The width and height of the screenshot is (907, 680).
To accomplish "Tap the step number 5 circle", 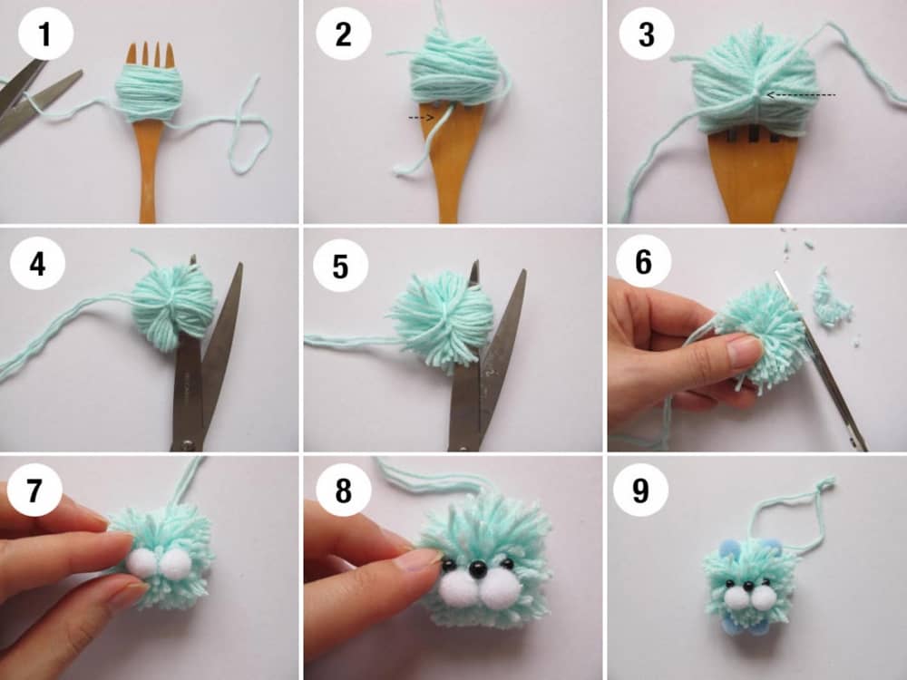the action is [341, 267].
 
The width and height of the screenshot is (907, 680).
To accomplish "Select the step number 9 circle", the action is [641, 490].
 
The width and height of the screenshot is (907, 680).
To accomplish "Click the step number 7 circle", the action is [34, 490].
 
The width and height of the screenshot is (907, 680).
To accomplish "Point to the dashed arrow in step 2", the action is [421, 118].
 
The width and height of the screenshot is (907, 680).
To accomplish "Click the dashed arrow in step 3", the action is [801, 95].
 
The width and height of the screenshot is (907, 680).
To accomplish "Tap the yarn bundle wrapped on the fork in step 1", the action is [150, 92].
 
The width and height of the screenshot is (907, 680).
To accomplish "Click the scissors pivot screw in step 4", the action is [187, 444].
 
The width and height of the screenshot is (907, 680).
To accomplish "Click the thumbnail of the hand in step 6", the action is [744, 350].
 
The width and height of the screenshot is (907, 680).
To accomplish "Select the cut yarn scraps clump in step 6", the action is [832, 298].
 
